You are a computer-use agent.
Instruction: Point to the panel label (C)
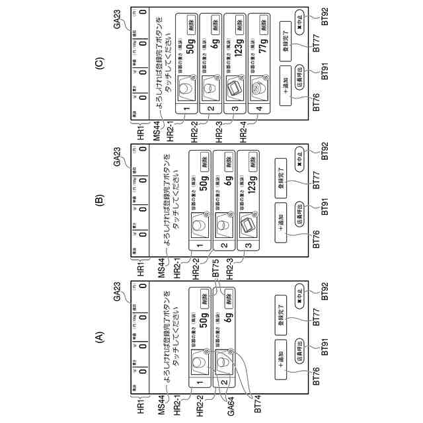[x=100, y=64]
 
